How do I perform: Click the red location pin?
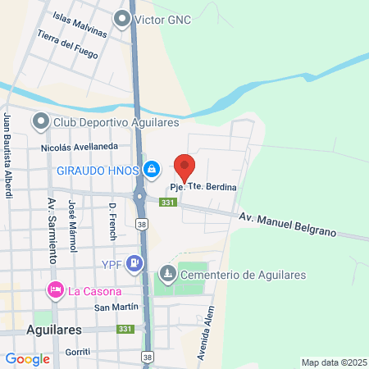184,166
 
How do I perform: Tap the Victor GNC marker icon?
124,17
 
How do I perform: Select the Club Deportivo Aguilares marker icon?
40,122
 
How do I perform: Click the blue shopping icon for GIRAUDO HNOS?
152,170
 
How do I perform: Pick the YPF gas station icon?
135,263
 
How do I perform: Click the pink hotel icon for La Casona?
56,290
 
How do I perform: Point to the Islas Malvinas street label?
80,25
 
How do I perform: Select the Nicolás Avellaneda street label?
80,147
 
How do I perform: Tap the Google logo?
27,358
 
